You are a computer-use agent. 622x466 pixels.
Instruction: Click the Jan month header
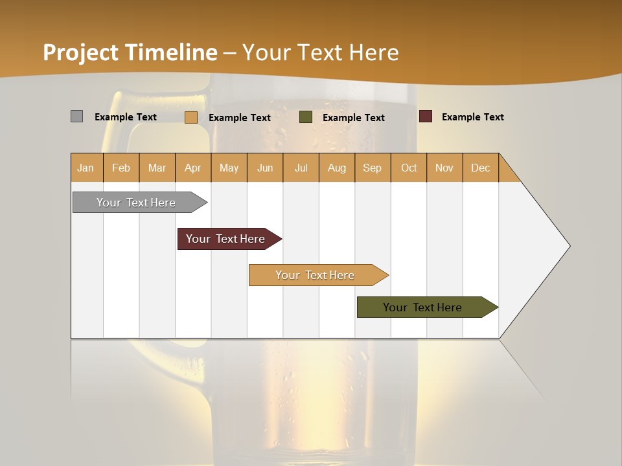pyautogui.click(x=86, y=168)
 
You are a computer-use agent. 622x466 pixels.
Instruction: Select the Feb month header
pyautogui.click(x=121, y=168)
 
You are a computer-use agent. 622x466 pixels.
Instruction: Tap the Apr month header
pyautogui.click(x=192, y=168)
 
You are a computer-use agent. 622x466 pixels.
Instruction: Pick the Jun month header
pyautogui.click(x=265, y=168)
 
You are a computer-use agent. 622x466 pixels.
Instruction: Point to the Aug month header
pyautogui.click(x=336, y=168)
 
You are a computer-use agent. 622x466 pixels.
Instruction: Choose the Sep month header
pyautogui.click(x=372, y=168)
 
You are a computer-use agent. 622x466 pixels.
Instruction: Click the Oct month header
pyautogui.click(x=409, y=168)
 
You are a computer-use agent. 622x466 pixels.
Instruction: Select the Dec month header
pyautogui.click(x=480, y=168)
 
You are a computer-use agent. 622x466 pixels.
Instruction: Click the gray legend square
pyautogui.click(x=76, y=116)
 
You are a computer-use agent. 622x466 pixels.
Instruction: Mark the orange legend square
pyautogui.click(x=190, y=117)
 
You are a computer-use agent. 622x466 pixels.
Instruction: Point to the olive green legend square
pyautogui.click(x=306, y=117)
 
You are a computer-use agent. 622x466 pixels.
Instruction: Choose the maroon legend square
pyautogui.click(x=425, y=116)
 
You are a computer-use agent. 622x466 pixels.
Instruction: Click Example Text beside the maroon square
pyautogui.click(x=472, y=117)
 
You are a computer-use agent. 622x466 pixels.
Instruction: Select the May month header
pyautogui.click(x=229, y=168)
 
